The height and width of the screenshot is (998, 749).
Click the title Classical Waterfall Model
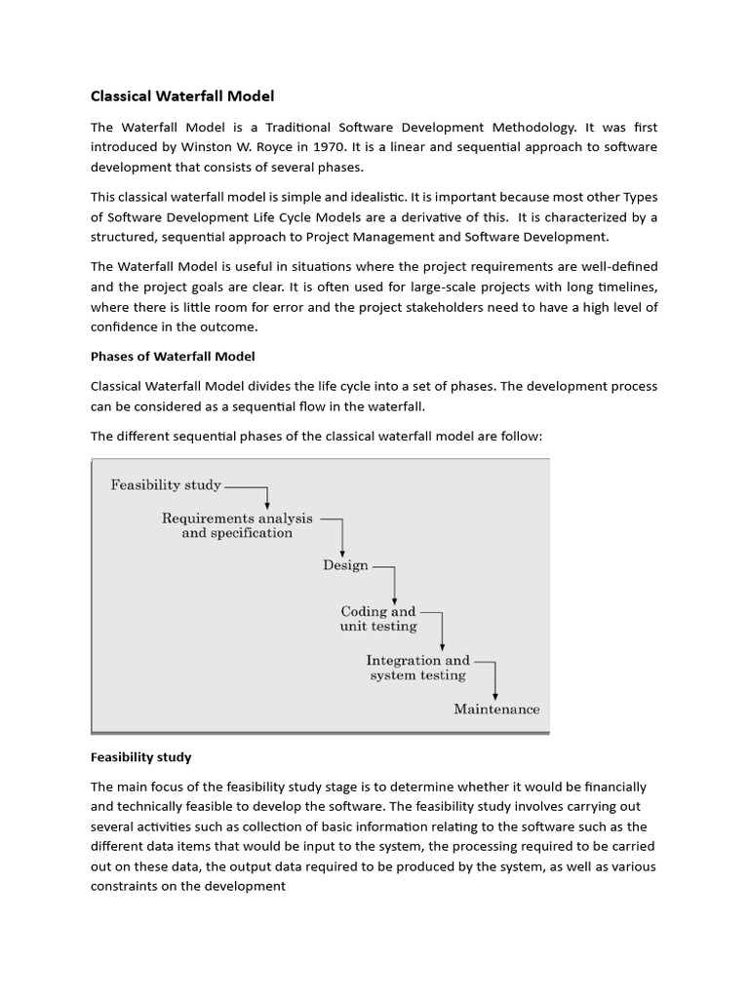pos(182,96)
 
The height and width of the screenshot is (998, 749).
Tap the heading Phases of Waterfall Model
pos(173,356)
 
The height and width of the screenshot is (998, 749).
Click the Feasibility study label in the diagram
pos(166,484)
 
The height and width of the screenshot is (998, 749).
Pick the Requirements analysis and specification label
pos(237,526)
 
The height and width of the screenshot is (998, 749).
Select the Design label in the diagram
pos(345,565)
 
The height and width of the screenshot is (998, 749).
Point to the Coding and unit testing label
pos(377,619)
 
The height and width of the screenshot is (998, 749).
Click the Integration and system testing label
pos(417,668)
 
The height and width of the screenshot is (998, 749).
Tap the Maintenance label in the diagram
pos(496,710)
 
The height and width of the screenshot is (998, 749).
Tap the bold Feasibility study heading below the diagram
pos(140,756)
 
